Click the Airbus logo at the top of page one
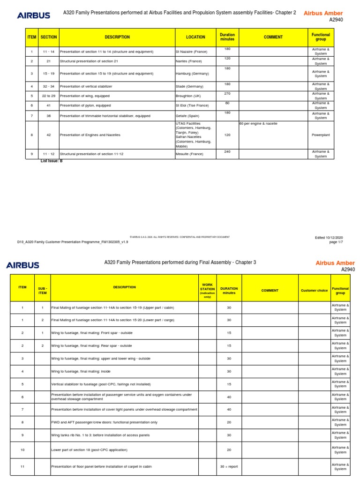pos(33,15)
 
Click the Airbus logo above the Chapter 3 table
pos(22,265)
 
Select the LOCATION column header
pos(195,37)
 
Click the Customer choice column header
pos(314,291)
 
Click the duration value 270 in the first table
pos(227,93)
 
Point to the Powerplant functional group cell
pos(321,135)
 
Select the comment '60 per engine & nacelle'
pos(258,123)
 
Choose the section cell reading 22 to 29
pos(49,96)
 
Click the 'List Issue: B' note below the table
pos(52,161)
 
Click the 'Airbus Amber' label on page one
pos(323,13)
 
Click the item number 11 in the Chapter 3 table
pos(22,466)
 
